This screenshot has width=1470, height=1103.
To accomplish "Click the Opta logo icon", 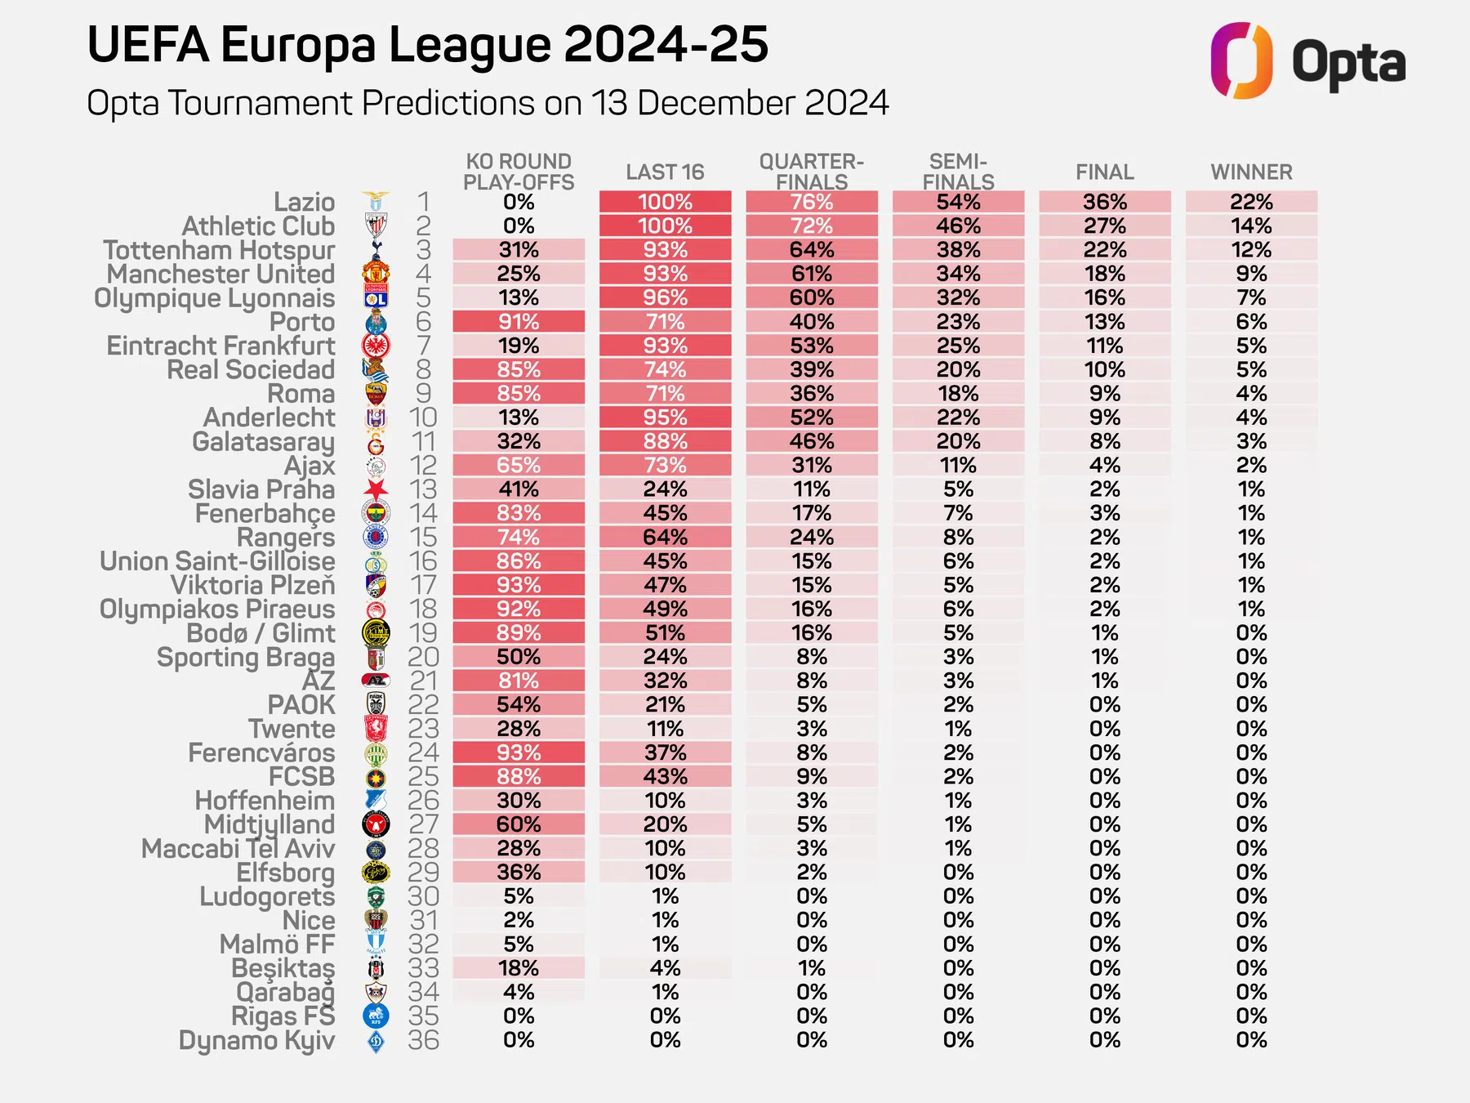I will [1241, 60].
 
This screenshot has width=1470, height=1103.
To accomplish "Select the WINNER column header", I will [1251, 172].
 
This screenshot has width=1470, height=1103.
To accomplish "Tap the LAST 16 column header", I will [665, 172].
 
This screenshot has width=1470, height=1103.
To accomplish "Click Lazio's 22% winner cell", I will [1251, 202].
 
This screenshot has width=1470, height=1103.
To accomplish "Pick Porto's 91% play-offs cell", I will [519, 322].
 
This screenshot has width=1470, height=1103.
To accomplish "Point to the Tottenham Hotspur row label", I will [219, 250].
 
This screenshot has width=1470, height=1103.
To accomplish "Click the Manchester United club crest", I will [376, 273].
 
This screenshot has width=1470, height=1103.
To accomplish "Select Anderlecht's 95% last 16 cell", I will [665, 418].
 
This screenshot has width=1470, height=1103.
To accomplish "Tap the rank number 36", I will [423, 1040].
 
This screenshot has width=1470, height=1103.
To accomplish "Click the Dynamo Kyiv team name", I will [256, 1040].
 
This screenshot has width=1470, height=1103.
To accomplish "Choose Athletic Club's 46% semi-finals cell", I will [958, 226].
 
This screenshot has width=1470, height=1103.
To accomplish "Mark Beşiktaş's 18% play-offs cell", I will [519, 968].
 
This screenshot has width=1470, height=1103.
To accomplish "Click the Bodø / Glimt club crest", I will [376, 633].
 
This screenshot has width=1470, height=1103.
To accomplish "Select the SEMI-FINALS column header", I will [958, 172].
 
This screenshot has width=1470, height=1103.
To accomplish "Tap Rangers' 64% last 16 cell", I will [665, 538].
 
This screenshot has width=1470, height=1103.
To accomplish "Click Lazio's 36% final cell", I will [1104, 202].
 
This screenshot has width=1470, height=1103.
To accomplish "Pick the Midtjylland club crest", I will [376, 824].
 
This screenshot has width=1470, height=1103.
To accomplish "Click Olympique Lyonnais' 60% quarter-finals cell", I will [812, 297].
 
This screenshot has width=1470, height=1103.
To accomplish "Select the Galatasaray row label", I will [263, 442].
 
